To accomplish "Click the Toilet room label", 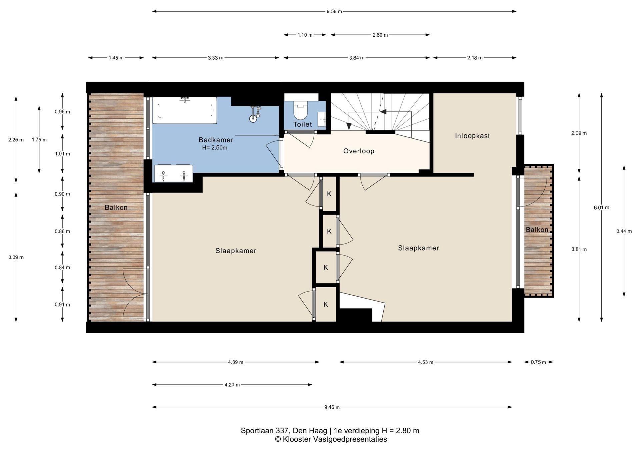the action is [x=302, y=124].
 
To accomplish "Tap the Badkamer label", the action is [x=216, y=140].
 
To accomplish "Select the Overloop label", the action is [x=359, y=151].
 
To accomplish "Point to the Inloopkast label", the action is [x=472, y=136].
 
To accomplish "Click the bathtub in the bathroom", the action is [x=185, y=110].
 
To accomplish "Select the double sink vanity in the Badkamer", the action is [x=173, y=173].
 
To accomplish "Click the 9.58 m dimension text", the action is [x=334, y=11].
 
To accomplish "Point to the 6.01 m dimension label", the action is [x=601, y=207].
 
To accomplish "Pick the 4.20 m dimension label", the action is [x=232, y=385].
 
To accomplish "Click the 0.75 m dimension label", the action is [x=538, y=362].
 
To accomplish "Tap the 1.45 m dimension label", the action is [x=116, y=58].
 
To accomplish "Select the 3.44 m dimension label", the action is [x=624, y=231].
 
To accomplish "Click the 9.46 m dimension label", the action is [x=332, y=407].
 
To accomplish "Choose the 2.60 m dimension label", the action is [x=380, y=35].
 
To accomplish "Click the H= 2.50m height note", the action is [x=215, y=148].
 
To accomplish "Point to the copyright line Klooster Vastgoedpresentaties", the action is [x=331, y=439].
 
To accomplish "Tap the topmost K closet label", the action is [x=329, y=194].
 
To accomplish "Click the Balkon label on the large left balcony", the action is [x=116, y=207].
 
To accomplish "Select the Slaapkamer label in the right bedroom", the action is [x=418, y=248].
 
